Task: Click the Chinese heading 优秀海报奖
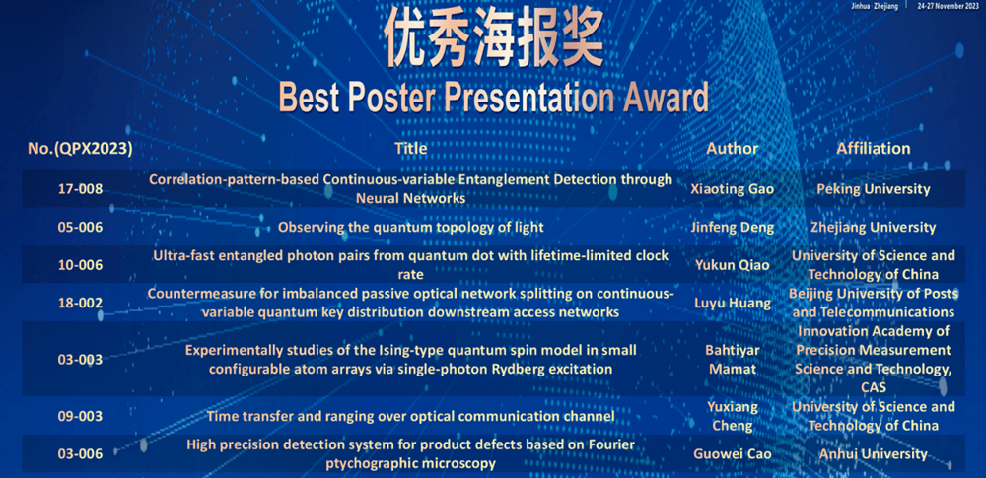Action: coord(494,38)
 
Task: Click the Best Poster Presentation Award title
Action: coord(494,99)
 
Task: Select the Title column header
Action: coord(410,149)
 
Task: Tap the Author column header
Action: coord(732,149)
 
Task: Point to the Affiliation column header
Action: coord(873,149)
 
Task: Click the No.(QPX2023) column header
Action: coord(80,149)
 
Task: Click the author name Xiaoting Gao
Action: coord(732,189)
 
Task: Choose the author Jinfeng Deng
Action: coord(732,228)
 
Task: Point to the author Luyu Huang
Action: coord(732,304)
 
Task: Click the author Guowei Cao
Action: coord(732,453)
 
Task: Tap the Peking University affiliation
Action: coord(873,188)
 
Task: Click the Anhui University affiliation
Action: coord(873,453)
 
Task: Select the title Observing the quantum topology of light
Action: coord(410,227)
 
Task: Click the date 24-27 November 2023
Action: coord(951,6)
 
